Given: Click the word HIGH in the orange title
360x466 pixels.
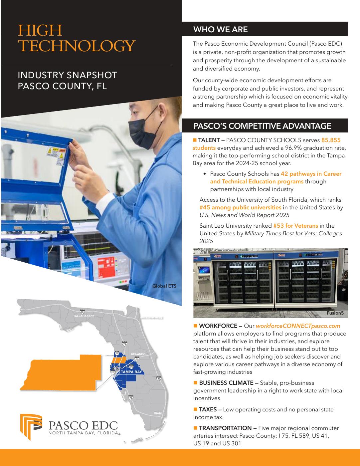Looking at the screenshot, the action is (x=40, y=30).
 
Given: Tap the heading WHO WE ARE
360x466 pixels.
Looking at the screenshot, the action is (x=221, y=29).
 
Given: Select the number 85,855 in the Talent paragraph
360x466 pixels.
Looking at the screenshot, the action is (x=331, y=140).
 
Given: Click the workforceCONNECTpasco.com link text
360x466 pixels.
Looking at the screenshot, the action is (x=298, y=326).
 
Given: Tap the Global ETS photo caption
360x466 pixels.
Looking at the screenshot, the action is (x=164, y=286).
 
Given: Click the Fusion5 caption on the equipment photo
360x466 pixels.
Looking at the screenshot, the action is (x=335, y=313).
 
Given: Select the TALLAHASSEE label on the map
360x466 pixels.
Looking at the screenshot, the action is (x=84, y=316).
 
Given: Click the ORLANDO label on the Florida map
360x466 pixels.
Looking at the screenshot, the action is (x=138, y=354).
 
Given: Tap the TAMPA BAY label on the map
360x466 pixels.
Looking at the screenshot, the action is (x=131, y=372).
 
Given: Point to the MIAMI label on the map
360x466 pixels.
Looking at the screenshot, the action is (x=158, y=413).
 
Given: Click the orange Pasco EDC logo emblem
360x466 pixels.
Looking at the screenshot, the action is (x=31, y=426).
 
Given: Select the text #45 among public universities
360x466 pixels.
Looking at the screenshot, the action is (x=240, y=207).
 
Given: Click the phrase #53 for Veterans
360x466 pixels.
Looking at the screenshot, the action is (x=296, y=226).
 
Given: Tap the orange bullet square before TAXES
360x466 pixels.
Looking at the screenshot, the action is (x=195, y=409).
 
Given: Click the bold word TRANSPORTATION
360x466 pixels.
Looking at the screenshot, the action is (x=225, y=428).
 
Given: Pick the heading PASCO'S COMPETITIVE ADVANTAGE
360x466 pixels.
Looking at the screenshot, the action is (x=262, y=126).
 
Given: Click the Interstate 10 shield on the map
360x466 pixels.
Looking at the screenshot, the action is (x=82, y=312).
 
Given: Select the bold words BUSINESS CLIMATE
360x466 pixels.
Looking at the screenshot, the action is (x=226, y=383).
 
